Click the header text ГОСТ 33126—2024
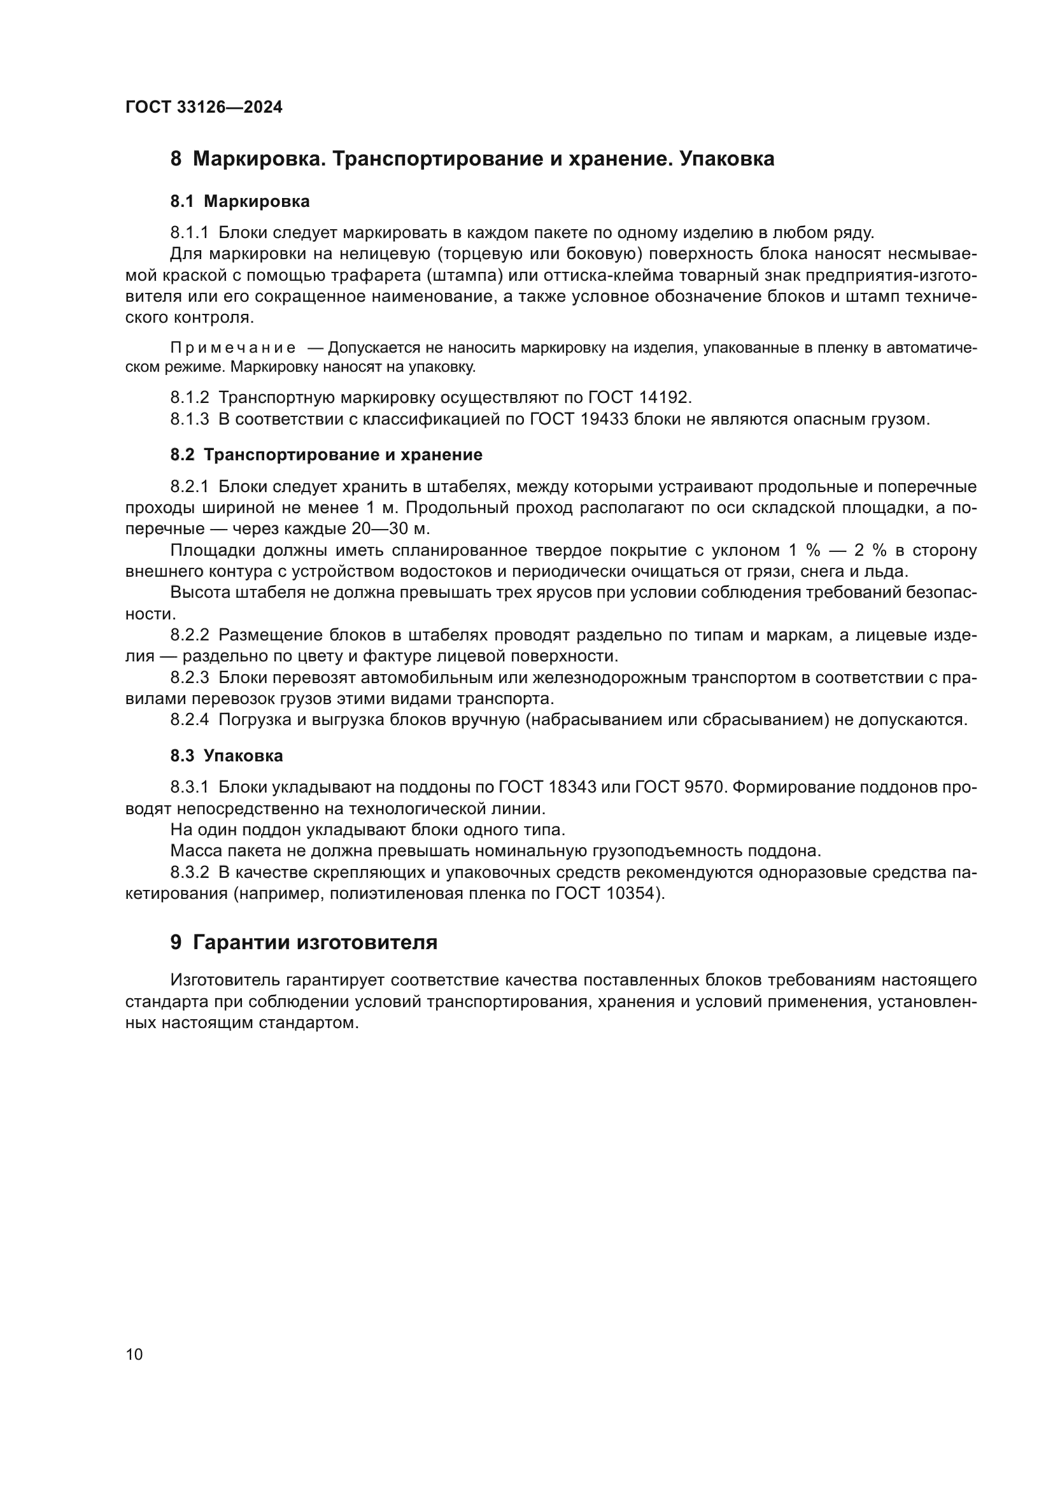point(204,108)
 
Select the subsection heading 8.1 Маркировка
point(240,202)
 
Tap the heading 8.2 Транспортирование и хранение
point(326,455)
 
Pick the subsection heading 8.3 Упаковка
point(226,756)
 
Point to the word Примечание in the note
point(233,348)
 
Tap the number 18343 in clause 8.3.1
point(573,788)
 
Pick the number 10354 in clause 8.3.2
point(632,894)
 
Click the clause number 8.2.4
point(189,720)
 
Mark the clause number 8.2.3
point(189,679)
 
